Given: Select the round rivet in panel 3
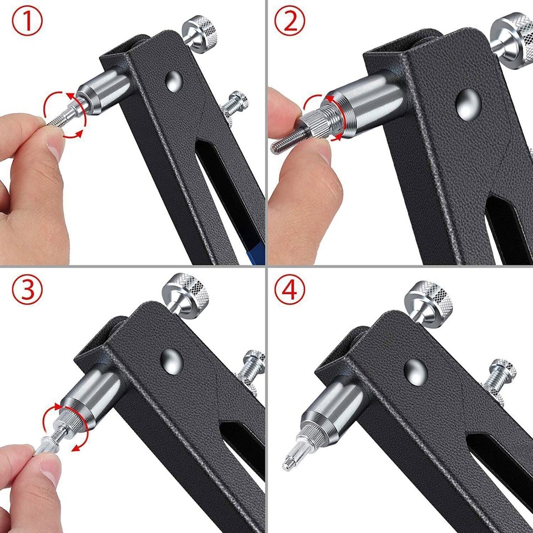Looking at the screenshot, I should (x=172, y=360).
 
